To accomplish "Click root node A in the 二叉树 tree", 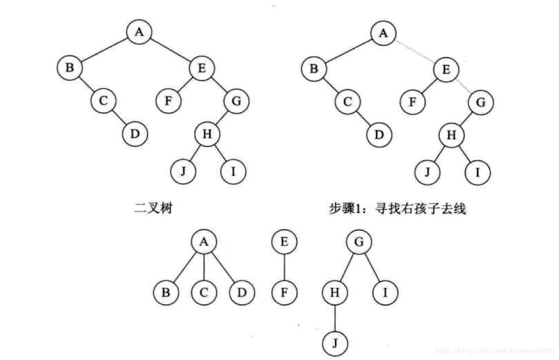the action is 140,32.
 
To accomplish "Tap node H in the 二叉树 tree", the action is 207,134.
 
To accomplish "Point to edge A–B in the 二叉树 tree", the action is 104,49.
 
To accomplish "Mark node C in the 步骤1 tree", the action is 347,102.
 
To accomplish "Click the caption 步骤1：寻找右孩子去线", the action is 398,209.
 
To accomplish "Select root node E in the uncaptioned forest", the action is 284,242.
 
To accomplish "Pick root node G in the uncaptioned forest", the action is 360,242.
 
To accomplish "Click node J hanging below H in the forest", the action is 335,343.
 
